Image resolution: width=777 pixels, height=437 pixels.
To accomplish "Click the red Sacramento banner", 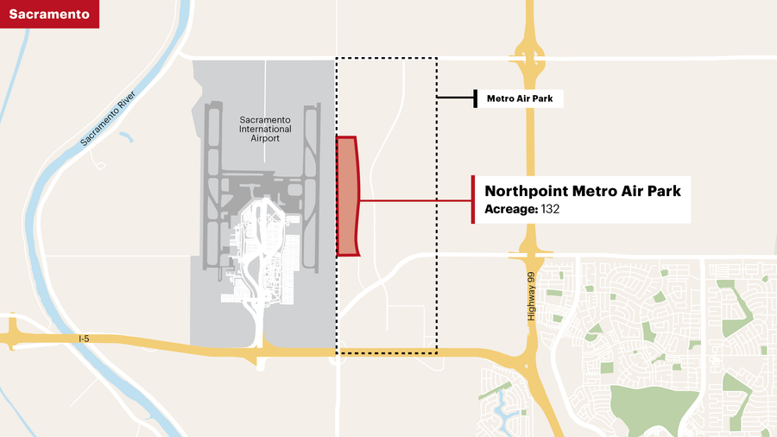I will coord(49,14).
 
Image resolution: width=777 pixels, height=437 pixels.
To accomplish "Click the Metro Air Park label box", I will coord(521,99).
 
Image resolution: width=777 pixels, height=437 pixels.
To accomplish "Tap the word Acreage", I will coord(510,210).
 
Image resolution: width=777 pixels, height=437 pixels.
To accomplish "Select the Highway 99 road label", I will coord(532,296).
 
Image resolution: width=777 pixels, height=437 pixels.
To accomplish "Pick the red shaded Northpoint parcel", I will coord(347,197).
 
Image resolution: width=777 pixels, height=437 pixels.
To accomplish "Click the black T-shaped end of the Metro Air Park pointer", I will coord(475,99).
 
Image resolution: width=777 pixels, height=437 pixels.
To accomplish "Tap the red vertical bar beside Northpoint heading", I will coord(473,199).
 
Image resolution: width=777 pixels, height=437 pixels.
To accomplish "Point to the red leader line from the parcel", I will coord(414,200).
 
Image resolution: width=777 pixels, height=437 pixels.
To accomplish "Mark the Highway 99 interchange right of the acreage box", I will coord(531,253).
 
